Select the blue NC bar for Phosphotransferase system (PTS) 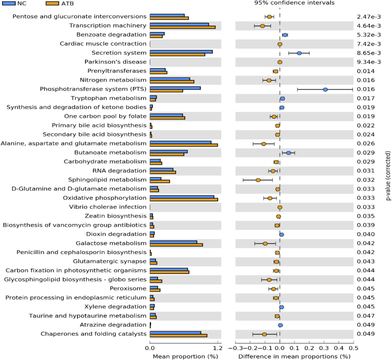[175, 88]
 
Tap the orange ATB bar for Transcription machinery [182, 27]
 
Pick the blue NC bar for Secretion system [181, 51]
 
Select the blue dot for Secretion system [299, 53]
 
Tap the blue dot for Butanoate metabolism [289, 153]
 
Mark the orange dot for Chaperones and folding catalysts [264, 334]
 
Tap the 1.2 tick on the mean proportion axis [217, 349]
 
